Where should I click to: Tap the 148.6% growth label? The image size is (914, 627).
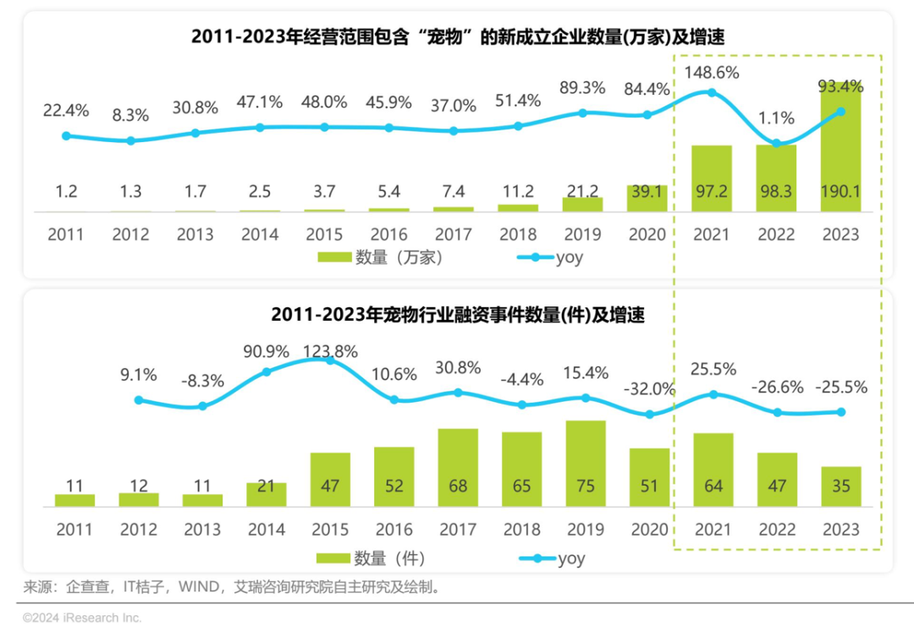pyautogui.click(x=712, y=73)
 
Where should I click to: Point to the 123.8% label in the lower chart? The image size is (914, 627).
pyautogui.click(x=329, y=351)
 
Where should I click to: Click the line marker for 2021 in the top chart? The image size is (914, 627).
pyautogui.click(x=712, y=92)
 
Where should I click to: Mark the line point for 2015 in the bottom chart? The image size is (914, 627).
pyautogui.click(x=329, y=360)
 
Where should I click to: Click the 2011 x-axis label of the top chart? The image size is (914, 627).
pyautogui.click(x=66, y=234)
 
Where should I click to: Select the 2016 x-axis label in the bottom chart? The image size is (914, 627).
pyautogui.click(x=394, y=531)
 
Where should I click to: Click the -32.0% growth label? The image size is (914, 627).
pyautogui.click(x=649, y=389)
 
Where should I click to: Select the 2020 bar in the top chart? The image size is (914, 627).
pyautogui.click(x=647, y=198)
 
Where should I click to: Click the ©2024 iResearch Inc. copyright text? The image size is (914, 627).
pyautogui.click(x=82, y=618)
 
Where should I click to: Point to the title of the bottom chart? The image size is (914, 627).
pyautogui.click(x=458, y=316)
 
